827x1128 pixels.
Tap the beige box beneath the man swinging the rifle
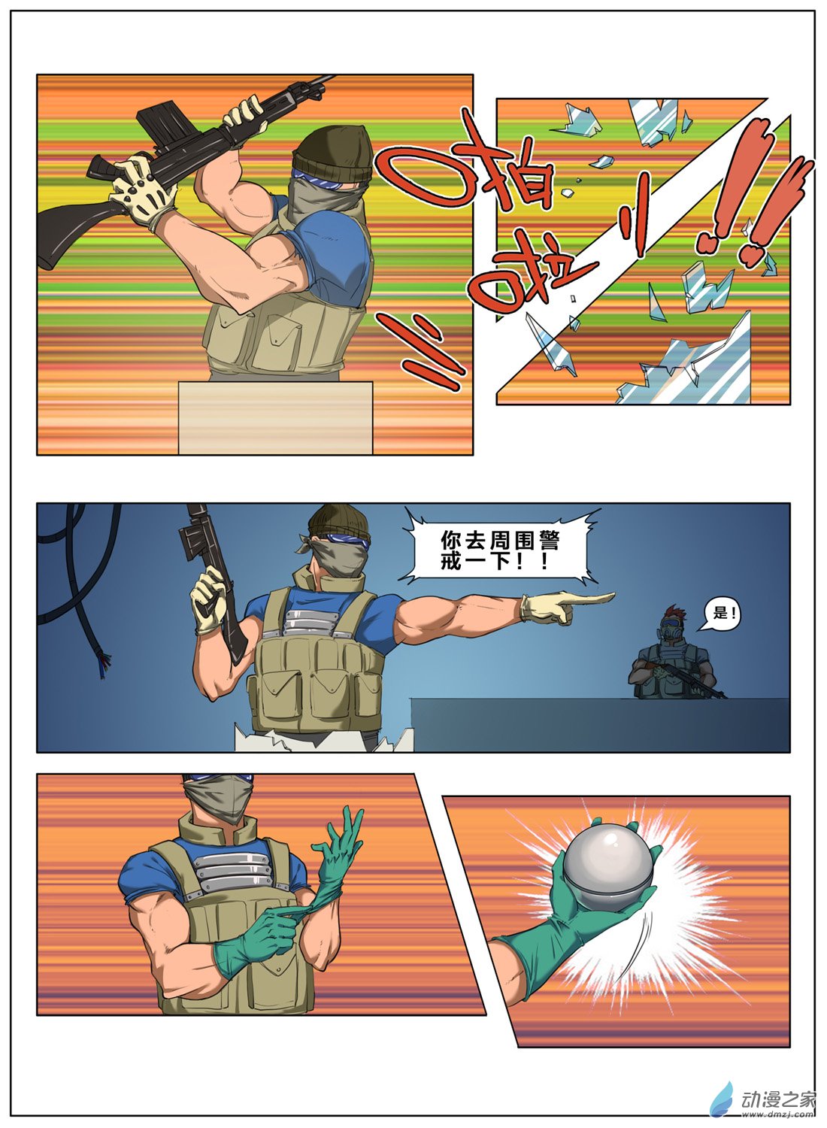click(275, 417)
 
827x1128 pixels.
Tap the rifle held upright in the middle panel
click(214, 584)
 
